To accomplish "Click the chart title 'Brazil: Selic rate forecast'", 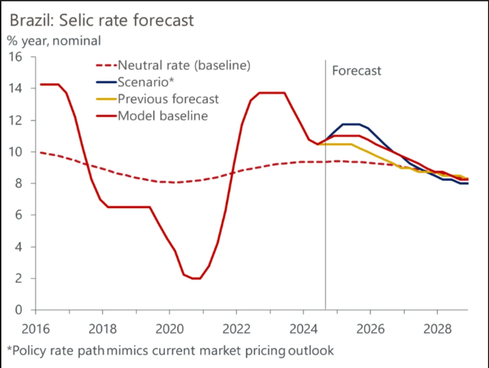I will point(102,20).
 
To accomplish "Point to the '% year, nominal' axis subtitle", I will point(54,41).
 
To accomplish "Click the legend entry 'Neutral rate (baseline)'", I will point(184,65).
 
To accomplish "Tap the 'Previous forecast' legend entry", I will point(168,99).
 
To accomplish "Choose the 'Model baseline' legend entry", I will point(162,115).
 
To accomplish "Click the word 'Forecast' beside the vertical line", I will point(356,70).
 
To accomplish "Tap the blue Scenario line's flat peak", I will point(351,124).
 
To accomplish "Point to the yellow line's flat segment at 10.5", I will point(339,144).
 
